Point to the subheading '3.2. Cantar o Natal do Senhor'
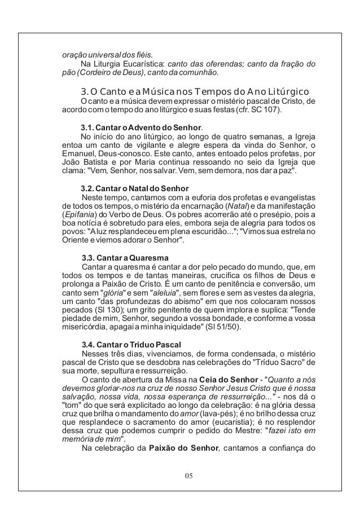click(x=135, y=187)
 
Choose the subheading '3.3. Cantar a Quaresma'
click(x=125, y=258)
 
